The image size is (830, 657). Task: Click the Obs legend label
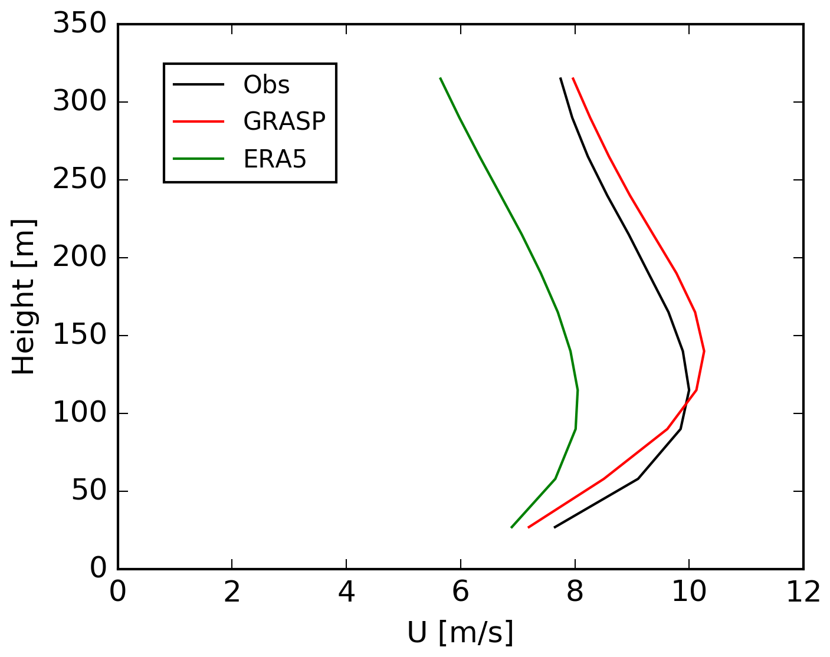(266, 85)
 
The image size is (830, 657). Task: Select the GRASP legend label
(284, 121)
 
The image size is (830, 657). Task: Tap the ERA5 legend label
(275, 159)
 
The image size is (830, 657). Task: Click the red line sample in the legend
(198, 121)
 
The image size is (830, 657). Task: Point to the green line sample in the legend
(198, 159)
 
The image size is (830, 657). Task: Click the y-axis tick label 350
(80, 25)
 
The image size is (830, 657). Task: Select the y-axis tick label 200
(80, 258)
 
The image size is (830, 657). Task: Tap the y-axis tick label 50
(89, 491)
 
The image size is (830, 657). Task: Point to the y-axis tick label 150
(80, 336)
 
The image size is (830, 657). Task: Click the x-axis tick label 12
(803, 592)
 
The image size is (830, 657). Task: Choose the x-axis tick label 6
(461, 592)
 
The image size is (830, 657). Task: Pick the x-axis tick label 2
(232, 592)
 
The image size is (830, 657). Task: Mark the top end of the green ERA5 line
(440, 78)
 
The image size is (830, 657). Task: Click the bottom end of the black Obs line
(555, 527)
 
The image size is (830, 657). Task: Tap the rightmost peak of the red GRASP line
(704, 351)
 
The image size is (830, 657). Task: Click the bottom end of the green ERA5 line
(511, 527)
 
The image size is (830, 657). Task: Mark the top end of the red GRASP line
(573, 78)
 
